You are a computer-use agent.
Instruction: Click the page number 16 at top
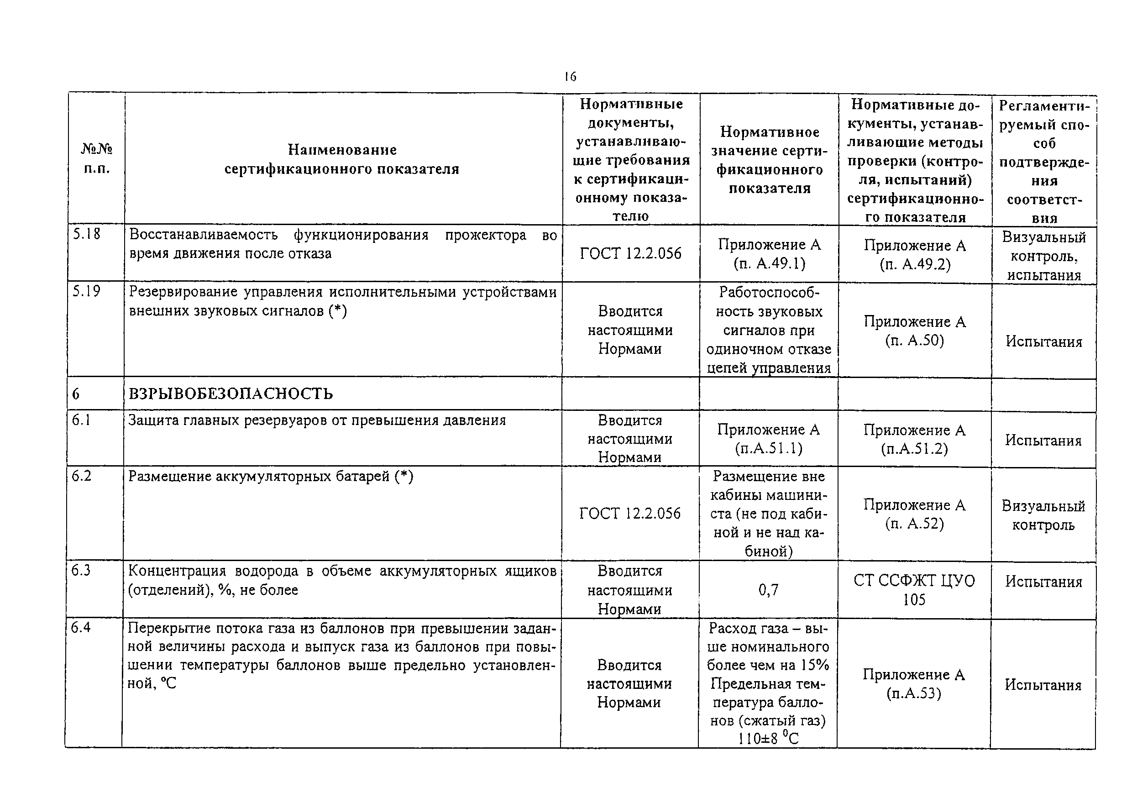click(x=570, y=76)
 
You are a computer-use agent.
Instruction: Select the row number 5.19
click(x=86, y=291)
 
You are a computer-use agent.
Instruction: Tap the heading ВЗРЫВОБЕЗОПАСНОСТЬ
click(x=231, y=394)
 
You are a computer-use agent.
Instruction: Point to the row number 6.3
click(x=81, y=571)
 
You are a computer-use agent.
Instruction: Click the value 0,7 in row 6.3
click(x=768, y=589)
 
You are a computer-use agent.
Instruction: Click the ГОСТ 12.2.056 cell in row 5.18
click(x=630, y=253)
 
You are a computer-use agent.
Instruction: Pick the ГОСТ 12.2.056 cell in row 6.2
click(x=629, y=514)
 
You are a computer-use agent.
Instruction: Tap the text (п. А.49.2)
click(x=915, y=264)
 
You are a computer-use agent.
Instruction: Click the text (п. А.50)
click(x=914, y=340)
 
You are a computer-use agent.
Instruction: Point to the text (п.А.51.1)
click(x=768, y=448)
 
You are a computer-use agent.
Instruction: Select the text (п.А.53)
click(x=913, y=693)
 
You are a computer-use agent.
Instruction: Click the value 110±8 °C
click(x=768, y=738)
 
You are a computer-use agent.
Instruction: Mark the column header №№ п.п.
click(x=97, y=159)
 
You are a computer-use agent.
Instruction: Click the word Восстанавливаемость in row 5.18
click(x=203, y=235)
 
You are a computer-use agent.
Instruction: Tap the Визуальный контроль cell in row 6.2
click(x=1043, y=515)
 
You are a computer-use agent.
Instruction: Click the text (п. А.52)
click(x=914, y=523)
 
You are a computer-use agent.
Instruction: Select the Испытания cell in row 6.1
click(x=1043, y=440)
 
